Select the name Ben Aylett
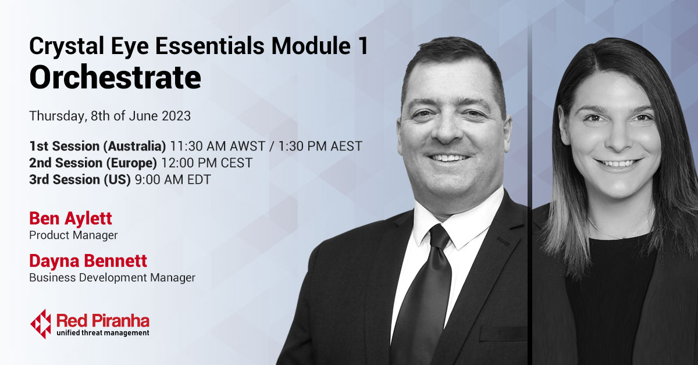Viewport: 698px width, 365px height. pos(70,219)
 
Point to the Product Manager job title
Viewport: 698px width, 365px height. pos(73,235)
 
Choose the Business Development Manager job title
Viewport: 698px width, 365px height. pos(112,278)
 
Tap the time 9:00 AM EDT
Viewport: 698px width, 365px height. pos(173,180)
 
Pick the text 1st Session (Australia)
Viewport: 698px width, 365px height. pos(98,146)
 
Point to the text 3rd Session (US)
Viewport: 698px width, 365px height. pos(80,180)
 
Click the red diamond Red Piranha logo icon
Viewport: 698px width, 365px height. pos(41,323)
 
